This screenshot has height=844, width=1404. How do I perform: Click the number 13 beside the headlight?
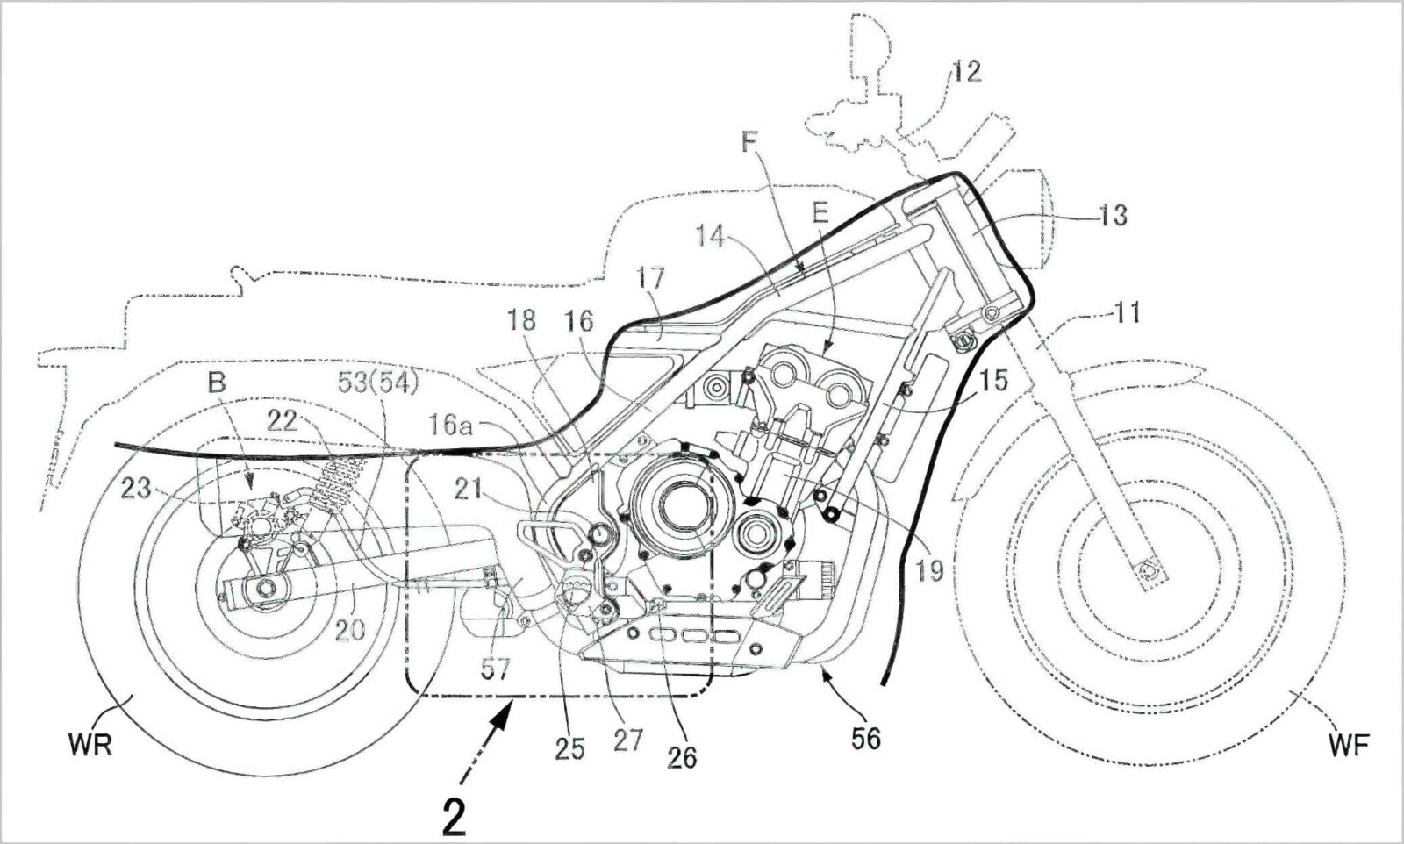point(1112,214)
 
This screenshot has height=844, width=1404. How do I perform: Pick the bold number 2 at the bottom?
point(454,817)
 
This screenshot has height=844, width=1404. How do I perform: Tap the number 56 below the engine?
point(865,738)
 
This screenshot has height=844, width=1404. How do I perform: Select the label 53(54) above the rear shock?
point(378,383)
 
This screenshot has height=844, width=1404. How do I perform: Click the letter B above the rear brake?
point(216,383)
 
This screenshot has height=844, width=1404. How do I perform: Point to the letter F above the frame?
point(750,142)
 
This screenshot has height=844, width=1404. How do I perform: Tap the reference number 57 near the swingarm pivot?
point(495,669)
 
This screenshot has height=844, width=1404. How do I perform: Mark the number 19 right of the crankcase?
point(929,570)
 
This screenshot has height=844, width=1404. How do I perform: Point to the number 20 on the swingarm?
point(350,628)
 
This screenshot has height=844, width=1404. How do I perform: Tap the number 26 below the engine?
point(682,755)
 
